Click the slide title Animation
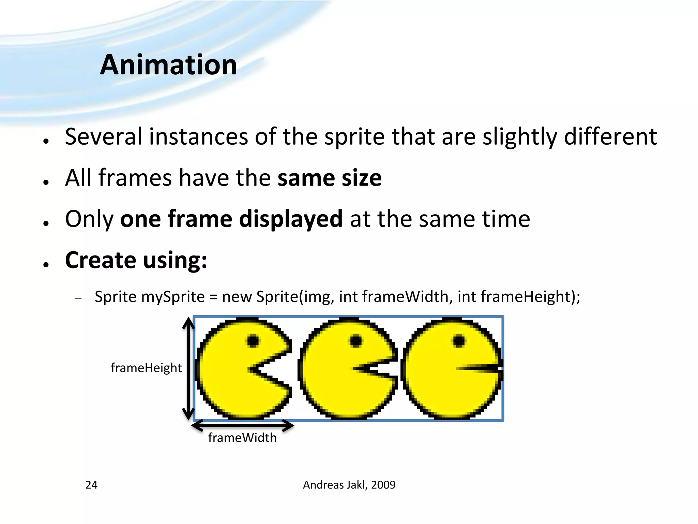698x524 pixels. pos(168,65)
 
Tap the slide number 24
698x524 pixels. pos(91,485)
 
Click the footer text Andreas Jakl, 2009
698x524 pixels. pos(349,485)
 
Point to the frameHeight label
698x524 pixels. pos(146,368)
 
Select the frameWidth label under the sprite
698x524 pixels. pos(242,438)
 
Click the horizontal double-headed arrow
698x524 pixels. pos(242,425)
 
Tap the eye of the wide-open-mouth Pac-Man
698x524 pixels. pos(253,340)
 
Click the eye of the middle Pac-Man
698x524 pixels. pos(356,340)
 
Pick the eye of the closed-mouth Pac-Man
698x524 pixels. pos(459,340)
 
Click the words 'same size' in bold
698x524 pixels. pos(330,178)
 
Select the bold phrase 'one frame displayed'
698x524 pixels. pos(231,219)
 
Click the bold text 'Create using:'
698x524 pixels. pos(136,260)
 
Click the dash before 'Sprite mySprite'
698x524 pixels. pos(78,299)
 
